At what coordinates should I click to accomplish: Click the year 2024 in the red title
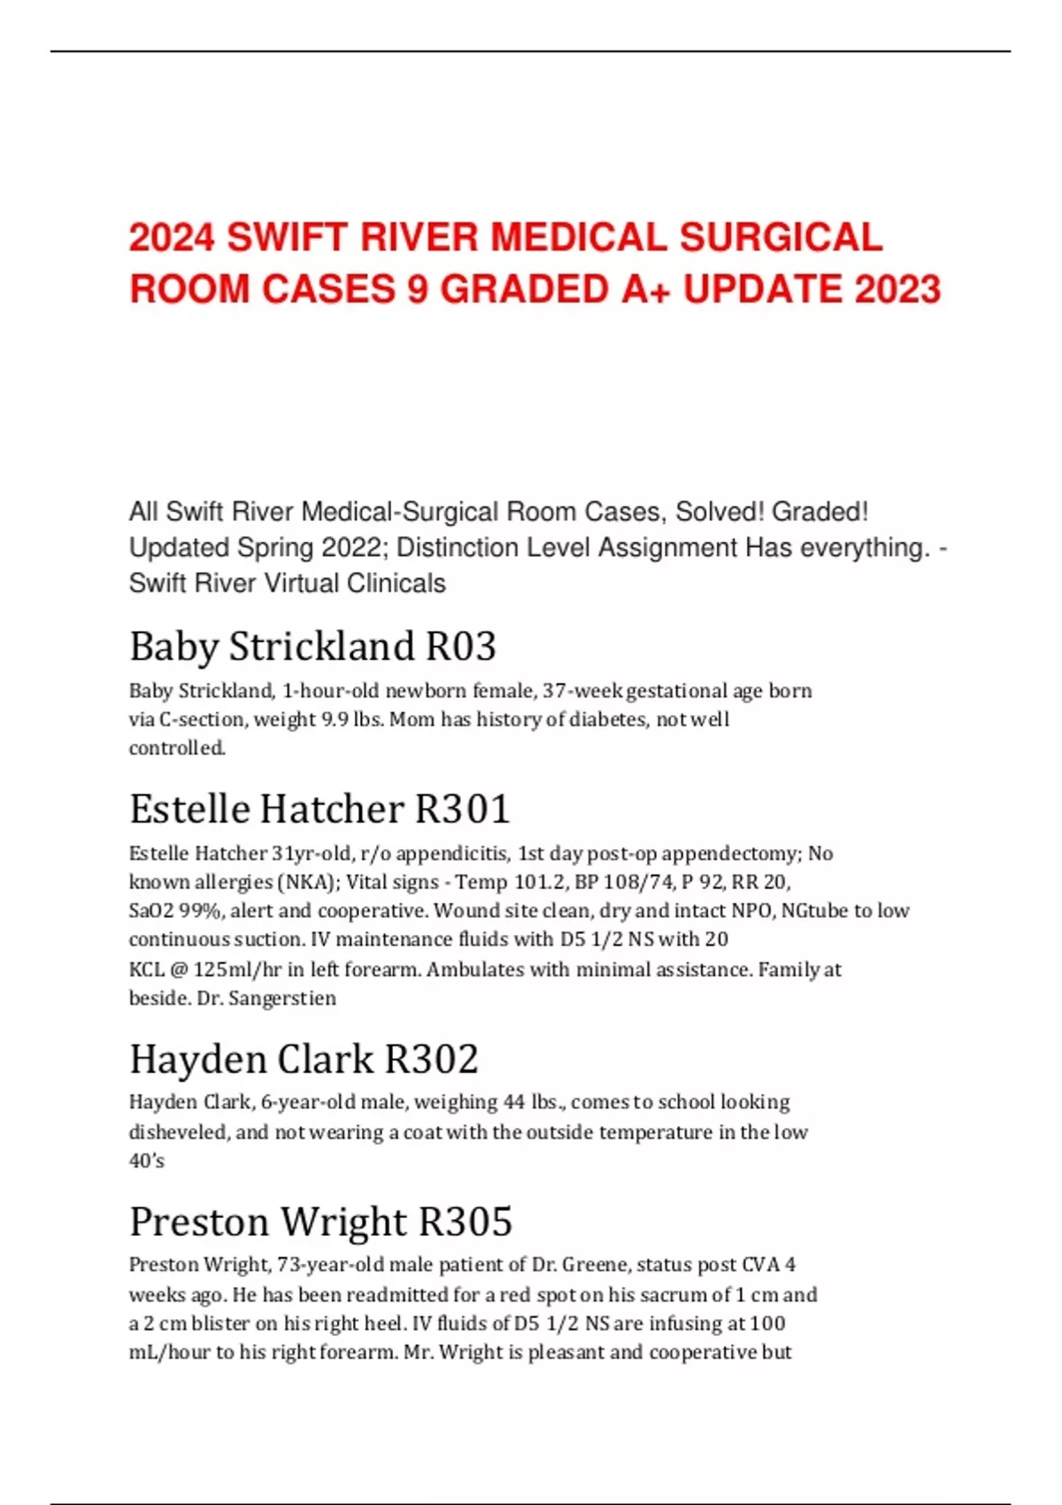172,237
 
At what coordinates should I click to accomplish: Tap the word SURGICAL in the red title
781,237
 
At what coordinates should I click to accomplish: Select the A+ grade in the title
645,289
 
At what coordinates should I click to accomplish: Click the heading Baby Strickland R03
312,646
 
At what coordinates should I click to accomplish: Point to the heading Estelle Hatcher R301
319,808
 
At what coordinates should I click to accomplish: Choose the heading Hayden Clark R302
304,1059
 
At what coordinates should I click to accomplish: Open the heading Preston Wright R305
320,1222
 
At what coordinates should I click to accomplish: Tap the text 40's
146,1161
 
